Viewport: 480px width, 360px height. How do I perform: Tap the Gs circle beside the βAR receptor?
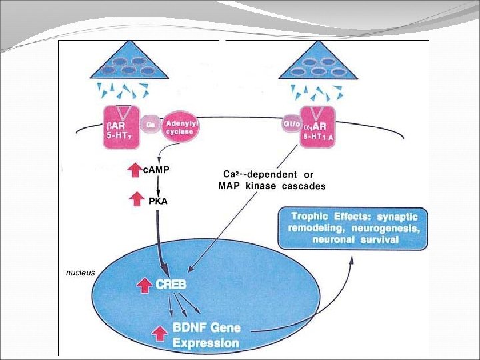(x=151, y=123)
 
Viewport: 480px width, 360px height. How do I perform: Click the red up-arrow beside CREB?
(x=143, y=286)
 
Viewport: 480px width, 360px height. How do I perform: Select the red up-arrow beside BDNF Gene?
(x=159, y=331)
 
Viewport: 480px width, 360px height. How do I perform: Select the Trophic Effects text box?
(x=353, y=228)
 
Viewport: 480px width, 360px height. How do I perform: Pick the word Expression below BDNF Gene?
(x=206, y=343)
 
